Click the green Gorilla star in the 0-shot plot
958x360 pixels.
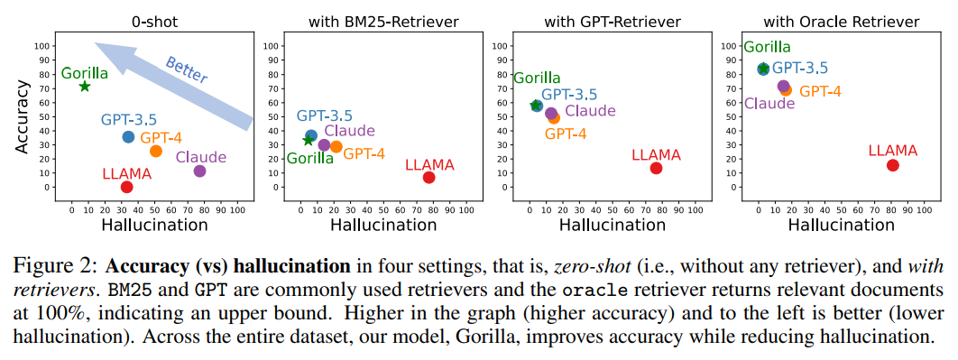(84, 87)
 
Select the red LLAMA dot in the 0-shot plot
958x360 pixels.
(126, 187)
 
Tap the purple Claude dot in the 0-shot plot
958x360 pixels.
(199, 171)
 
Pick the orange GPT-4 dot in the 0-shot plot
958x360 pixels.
(156, 151)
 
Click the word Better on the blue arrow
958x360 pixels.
(187, 69)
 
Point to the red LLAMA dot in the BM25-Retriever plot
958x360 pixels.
(428, 177)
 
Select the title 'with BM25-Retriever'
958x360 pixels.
(383, 23)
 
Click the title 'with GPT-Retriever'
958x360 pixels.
(613, 23)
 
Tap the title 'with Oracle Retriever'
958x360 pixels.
(842, 23)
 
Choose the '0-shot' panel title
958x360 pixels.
(154, 23)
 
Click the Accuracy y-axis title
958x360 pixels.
(23, 118)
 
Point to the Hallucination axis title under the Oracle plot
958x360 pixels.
(842, 225)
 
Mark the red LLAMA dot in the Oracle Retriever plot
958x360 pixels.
(893, 165)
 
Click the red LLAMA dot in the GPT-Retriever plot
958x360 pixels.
(656, 168)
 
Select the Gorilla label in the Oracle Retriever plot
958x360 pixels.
(766, 48)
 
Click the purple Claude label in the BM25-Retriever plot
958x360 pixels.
(349, 130)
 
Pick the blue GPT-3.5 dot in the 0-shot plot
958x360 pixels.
(128, 137)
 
